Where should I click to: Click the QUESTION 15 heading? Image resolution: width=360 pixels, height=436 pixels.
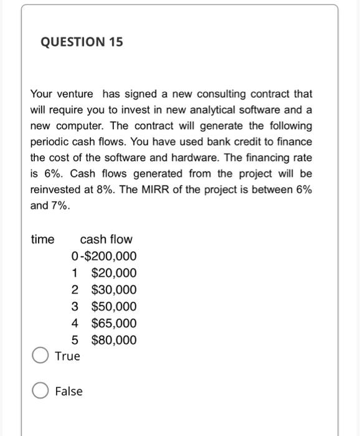[x=82, y=42]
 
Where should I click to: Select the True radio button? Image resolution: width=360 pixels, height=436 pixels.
[x=41, y=356]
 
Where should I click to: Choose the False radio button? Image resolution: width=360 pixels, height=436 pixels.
[x=41, y=391]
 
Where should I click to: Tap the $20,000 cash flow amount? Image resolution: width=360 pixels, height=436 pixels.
[x=113, y=273]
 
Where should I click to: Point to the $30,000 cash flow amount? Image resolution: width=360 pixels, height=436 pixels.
[x=113, y=290]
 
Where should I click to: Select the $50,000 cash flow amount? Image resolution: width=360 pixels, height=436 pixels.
[x=113, y=307]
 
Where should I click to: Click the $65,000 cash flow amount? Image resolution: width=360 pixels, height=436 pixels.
[x=113, y=324]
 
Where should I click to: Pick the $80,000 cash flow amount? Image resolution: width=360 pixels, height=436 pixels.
[x=113, y=341]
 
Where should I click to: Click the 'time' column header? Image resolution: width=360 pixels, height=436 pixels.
[x=42, y=239]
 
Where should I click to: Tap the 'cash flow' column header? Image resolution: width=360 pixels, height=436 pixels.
[x=106, y=239]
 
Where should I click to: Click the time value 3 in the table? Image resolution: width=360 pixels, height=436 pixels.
[x=75, y=307]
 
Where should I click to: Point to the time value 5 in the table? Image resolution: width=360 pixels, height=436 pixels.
[x=75, y=341]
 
